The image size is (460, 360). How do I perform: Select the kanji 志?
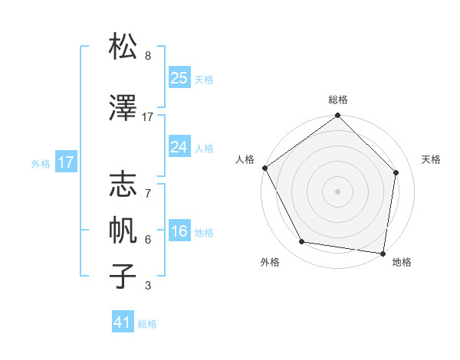123,183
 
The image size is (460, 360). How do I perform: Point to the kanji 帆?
123,229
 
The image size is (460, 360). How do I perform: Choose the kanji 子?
123,276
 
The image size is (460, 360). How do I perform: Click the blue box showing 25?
179,78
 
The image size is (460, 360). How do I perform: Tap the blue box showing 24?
179,148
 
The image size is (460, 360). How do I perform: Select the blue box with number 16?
179,232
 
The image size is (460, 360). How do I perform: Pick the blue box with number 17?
65,162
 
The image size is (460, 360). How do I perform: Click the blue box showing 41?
123,323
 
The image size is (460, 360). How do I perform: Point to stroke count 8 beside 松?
147,56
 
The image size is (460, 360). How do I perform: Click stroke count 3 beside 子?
147,286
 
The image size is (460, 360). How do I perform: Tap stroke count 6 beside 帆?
147,240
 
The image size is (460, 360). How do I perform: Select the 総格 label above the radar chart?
337,100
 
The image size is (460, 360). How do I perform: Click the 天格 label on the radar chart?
431,159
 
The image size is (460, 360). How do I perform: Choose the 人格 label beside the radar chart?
245,159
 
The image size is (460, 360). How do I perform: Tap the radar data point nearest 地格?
383,253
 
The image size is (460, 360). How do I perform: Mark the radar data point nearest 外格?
302,242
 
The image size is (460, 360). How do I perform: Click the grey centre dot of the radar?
337,191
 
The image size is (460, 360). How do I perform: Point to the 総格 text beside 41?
147,324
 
